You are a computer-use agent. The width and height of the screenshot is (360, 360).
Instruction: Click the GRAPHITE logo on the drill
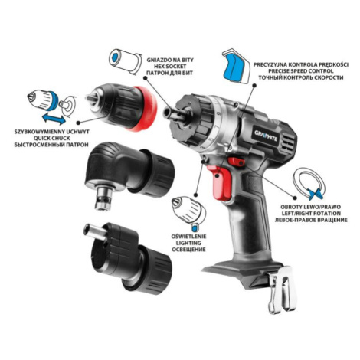coord(266,137)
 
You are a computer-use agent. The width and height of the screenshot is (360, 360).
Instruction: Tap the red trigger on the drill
coord(221,182)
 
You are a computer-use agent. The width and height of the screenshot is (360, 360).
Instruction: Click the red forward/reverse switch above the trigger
coord(237,162)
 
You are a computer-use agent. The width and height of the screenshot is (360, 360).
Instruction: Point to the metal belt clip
coord(283,290)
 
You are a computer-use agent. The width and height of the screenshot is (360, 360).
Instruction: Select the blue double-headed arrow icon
coord(54,119)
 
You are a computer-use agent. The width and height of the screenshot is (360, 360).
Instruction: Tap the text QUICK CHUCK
coord(51,138)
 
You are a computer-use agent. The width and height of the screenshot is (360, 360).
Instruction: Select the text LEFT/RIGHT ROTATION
coord(311,213)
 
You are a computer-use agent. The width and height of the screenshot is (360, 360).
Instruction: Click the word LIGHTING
coord(188,243)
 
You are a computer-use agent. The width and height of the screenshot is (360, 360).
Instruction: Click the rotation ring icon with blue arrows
coord(309,183)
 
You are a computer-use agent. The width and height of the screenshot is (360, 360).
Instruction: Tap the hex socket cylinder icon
coord(125,61)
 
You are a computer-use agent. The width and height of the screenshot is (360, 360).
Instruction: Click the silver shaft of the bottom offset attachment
coord(95,232)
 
